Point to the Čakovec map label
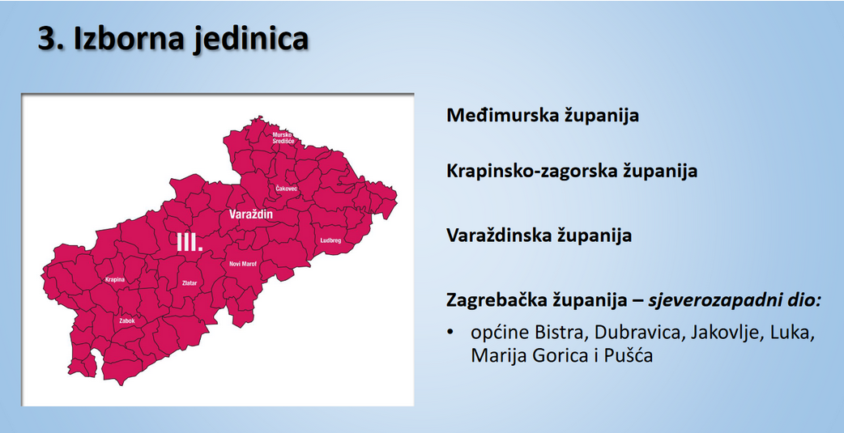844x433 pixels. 287,189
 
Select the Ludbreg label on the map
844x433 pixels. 332,240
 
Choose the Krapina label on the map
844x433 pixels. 115,279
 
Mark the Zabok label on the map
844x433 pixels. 126,321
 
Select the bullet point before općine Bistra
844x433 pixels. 450,333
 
